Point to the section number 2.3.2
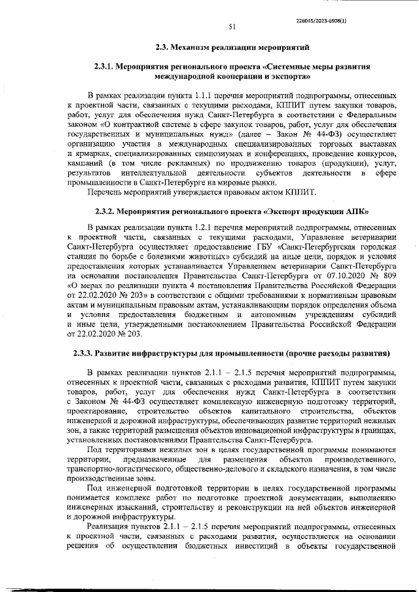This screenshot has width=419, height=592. click(101, 212)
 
